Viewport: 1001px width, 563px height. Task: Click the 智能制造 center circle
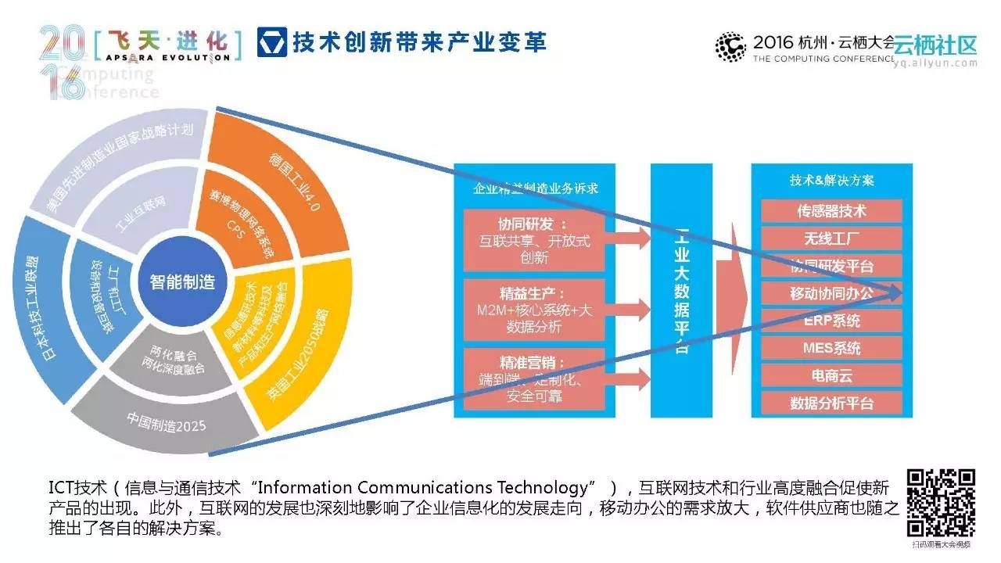181,282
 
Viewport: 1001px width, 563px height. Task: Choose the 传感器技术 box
831,211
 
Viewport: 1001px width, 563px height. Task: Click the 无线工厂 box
831,238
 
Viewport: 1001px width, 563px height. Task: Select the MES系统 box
831,348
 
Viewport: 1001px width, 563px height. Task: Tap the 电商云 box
831,375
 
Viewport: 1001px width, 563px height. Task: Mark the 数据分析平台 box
831,403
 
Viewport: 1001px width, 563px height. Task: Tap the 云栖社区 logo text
935,44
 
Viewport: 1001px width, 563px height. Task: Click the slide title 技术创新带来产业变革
419,41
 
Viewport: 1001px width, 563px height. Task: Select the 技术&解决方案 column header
831,180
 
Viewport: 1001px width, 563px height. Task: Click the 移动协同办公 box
831,293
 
